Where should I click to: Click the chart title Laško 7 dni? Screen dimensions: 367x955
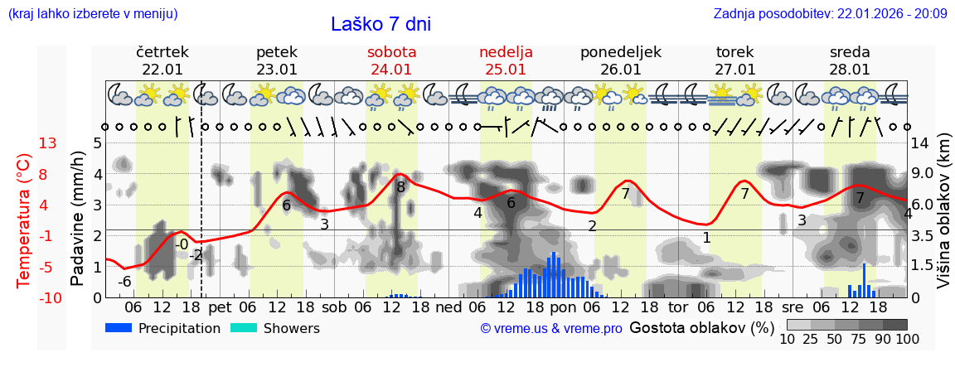(x=381, y=24)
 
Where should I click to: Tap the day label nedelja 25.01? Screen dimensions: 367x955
(x=506, y=60)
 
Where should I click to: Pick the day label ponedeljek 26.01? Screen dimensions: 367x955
(x=620, y=60)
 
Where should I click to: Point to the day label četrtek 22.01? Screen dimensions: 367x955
(x=162, y=60)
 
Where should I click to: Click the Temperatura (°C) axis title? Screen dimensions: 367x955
(x=24, y=220)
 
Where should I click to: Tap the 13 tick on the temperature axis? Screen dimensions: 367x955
(x=47, y=143)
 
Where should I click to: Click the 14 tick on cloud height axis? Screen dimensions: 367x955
(x=921, y=143)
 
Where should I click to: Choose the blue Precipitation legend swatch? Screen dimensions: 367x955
(x=119, y=328)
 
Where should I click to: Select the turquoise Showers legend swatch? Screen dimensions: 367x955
(x=243, y=328)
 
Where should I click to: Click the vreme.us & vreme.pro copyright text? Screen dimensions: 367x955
(x=551, y=328)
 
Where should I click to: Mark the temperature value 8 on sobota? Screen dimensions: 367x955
(x=401, y=187)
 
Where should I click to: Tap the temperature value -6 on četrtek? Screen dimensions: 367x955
(x=124, y=282)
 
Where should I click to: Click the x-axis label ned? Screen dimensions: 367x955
(x=448, y=307)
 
